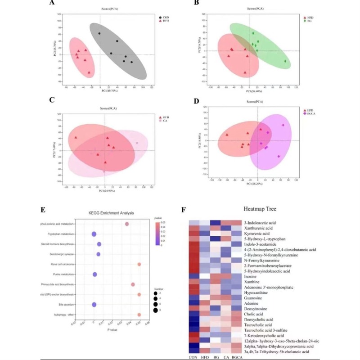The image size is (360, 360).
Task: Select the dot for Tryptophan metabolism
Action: [94, 234]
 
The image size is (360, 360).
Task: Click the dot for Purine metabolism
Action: [94, 274]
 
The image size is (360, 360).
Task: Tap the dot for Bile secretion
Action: [94, 305]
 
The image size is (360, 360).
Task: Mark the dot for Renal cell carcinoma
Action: [139, 264]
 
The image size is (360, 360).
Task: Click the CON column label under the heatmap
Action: [193, 357]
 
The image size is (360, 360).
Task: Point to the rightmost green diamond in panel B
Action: [285, 61]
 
